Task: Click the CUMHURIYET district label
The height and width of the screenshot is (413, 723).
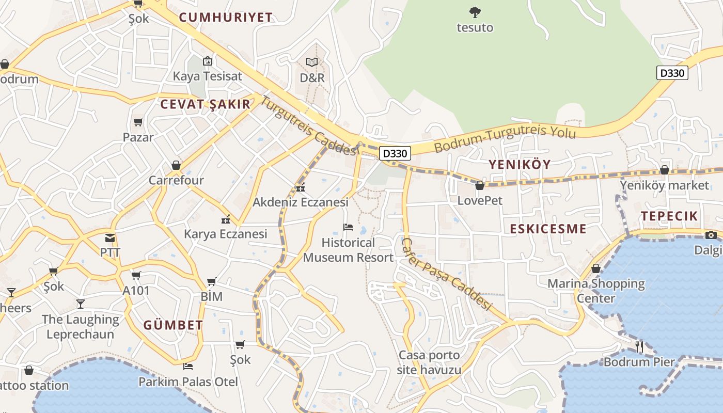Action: [x=226, y=17]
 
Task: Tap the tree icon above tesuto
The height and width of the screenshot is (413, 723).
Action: [x=475, y=12]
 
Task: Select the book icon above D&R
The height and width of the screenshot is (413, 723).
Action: [x=312, y=62]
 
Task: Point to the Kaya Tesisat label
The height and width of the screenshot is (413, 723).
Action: [x=207, y=76]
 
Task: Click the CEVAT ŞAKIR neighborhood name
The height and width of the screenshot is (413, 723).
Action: [x=205, y=104]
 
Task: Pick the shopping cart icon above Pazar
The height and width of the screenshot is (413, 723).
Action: [x=138, y=122]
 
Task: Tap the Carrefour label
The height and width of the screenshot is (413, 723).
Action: [x=176, y=180]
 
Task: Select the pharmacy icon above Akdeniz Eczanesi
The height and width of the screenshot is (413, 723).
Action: [x=301, y=187]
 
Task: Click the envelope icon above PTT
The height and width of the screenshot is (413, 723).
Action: [x=110, y=238]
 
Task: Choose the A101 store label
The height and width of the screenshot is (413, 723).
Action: [x=136, y=290]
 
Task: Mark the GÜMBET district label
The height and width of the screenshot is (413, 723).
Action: [x=173, y=325]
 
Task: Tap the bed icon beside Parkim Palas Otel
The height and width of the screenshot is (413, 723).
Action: [x=188, y=367]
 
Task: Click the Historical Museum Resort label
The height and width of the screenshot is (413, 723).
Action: [x=348, y=250]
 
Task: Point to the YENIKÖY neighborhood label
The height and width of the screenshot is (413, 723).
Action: [x=520, y=165]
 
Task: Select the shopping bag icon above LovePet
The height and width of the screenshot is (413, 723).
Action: [x=480, y=185]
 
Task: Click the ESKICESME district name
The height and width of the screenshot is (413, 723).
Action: [x=548, y=229]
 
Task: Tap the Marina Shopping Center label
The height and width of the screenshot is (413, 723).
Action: [x=596, y=291]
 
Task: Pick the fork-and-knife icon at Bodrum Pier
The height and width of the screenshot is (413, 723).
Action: [x=639, y=347]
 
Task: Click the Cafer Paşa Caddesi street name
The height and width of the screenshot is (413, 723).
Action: [x=446, y=274]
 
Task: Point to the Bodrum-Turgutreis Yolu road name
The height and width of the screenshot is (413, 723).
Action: [x=505, y=137]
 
